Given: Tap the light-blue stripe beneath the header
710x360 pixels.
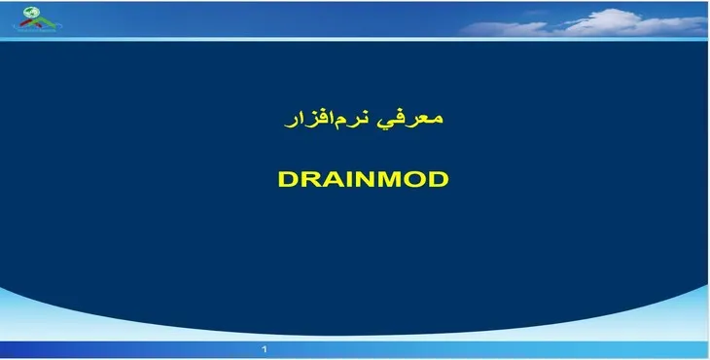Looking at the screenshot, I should point(355,39).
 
